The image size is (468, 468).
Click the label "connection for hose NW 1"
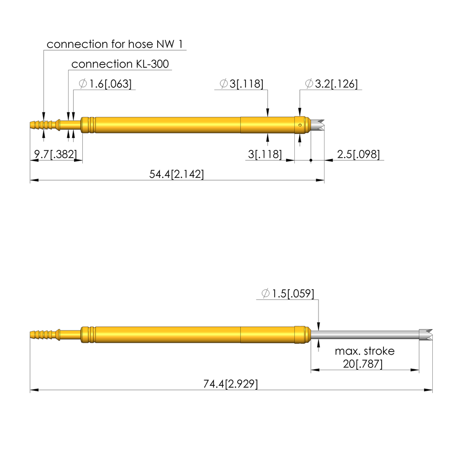click(115, 44)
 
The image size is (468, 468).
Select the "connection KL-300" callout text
click(120, 64)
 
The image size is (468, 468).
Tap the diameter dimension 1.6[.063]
click(105, 84)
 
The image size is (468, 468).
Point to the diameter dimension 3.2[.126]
click(331, 84)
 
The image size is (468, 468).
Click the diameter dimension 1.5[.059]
click(288, 293)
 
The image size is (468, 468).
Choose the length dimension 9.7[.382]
click(55, 154)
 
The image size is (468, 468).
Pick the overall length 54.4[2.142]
click(177, 174)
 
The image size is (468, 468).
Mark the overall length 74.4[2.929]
click(230, 384)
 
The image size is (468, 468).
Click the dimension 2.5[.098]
click(358, 154)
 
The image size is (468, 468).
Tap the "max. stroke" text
click(364, 351)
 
